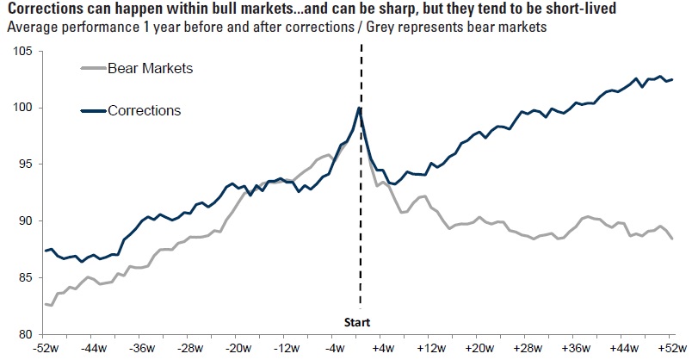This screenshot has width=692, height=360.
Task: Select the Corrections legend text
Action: [144, 110]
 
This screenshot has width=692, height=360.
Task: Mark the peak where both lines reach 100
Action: [360, 108]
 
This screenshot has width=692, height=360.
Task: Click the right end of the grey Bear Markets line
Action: [672, 239]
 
